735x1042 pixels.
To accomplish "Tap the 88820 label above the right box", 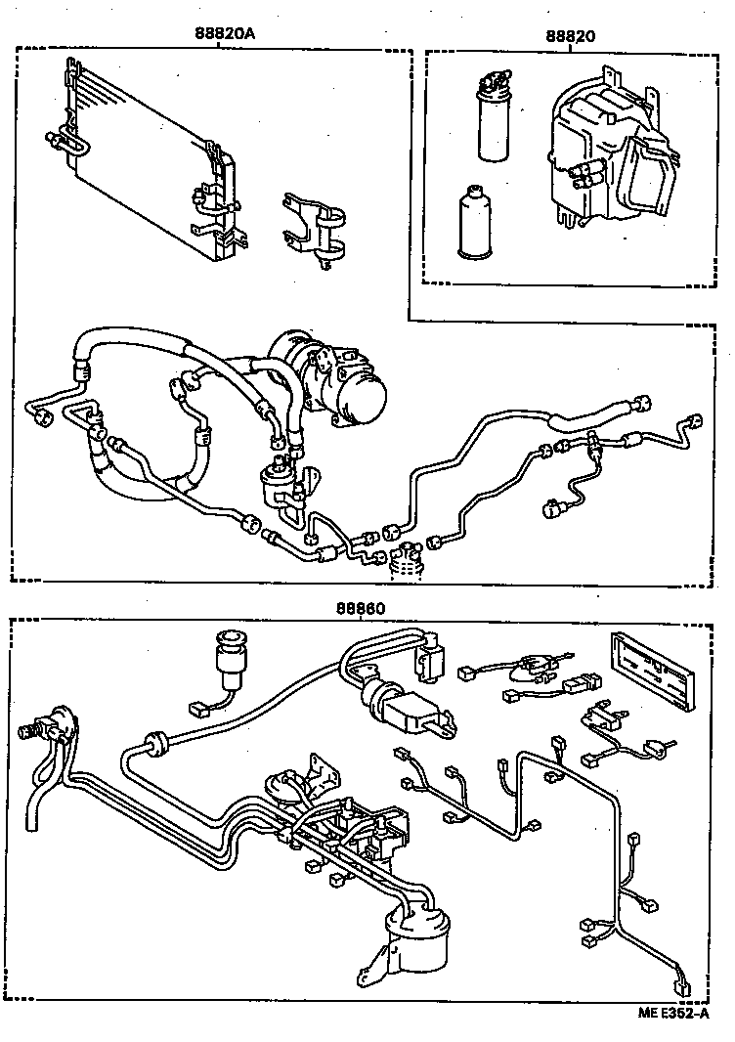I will (x=572, y=35).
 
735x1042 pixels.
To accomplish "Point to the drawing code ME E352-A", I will (x=673, y=1014).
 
